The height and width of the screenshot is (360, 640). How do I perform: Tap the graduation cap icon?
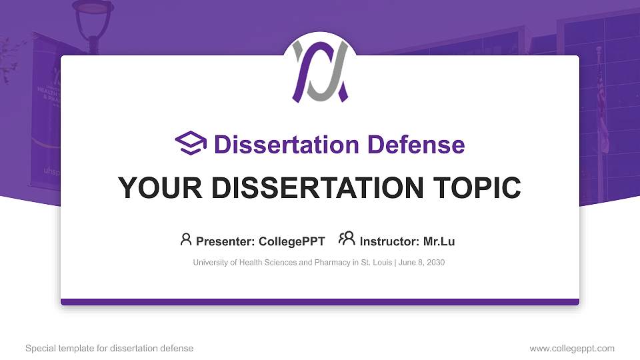click(191, 144)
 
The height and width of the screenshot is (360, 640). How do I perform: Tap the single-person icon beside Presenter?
click(186, 239)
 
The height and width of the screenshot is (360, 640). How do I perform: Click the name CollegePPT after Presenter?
click(293, 241)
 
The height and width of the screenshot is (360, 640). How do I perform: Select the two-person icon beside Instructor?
click(347, 239)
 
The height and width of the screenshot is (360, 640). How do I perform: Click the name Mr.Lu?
click(439, 241)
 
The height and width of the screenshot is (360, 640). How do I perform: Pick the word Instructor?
click(387, 241)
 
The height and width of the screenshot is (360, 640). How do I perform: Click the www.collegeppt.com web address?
click(571, 348)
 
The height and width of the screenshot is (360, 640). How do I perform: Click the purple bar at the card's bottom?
click(320, 302)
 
